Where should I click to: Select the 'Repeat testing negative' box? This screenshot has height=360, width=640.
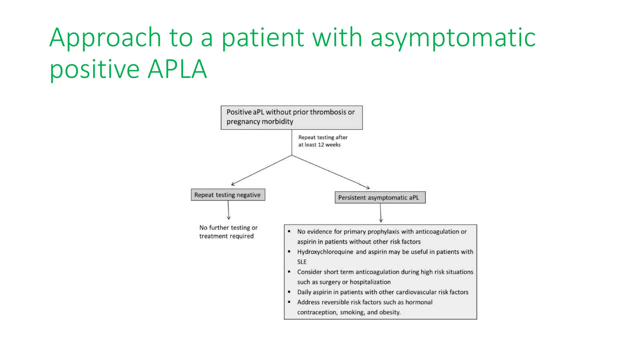tap(228, 195)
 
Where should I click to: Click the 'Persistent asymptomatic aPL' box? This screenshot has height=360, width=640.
tap(380, 197)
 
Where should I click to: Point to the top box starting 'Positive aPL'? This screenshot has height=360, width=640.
tap(291, 117)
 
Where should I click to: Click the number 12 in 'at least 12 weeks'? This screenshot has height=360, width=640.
tap(321, 145)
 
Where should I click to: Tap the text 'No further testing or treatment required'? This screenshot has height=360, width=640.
tap(228, 232)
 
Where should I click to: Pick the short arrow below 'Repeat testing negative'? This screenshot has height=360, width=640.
tap(228, 210)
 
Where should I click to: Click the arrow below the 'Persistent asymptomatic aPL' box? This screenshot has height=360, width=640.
tap(381, 213)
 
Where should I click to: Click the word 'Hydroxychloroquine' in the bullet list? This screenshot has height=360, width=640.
tap(325, 252)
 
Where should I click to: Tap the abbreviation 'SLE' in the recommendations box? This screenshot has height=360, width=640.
tap(302, 262)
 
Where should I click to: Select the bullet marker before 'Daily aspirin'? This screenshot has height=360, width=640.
tap(289, 292)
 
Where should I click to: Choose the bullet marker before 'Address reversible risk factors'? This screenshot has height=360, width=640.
tap(289, 302)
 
